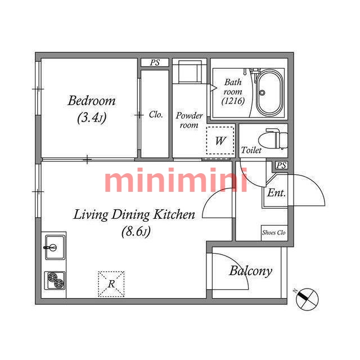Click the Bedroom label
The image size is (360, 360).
(x=92, y=101)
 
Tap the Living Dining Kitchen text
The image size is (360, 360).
(x=134, y=215)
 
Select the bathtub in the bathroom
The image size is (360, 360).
(x=269, y=92)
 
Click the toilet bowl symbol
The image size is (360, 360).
(x=273, y=139)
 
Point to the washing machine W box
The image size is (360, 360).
(x=220, y=140)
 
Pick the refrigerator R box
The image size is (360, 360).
(x=111, y=284)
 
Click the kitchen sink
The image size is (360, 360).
(x=55, y=247)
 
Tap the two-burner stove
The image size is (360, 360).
(x=55, y=280)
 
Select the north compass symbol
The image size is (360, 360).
(x=307, y=299)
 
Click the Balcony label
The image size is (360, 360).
(x=251, y=271)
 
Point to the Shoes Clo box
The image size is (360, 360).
(x=274, y=233)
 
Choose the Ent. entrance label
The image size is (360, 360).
(x=276, y=193)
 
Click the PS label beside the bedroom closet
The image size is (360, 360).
(x=155, y=62)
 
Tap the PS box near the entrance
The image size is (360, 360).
(x=281, y=165)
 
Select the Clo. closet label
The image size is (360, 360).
(x=156, y=114)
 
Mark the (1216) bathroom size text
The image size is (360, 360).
(x=233, y=101)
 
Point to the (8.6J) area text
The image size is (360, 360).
(x=136, y=231)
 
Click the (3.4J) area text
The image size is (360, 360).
(x=92, y=118)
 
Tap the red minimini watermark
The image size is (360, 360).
(x=176, y=180)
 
